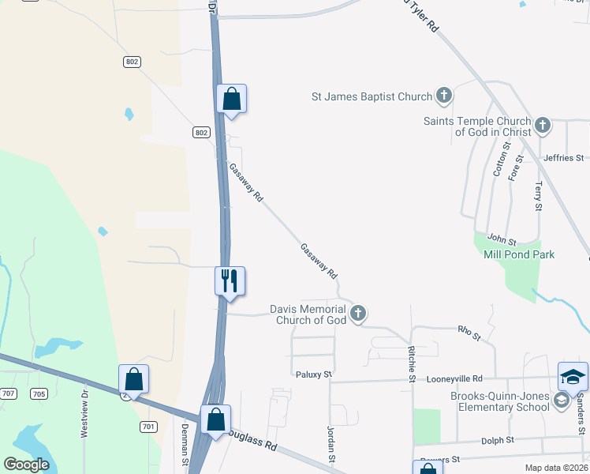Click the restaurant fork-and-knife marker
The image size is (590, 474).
[x=230, y=280]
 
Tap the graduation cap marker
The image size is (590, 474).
[x=573, y=377]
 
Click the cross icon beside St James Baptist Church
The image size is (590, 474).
[x=443, y=96]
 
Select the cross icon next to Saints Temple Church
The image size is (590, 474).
[x=542, y=125]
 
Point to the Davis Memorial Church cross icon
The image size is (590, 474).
[x=358, y=314]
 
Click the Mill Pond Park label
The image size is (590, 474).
[x=519, y=254]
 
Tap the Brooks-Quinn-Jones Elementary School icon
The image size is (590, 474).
[x=561, y=401]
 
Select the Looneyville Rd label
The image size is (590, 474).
[x=454, y=379]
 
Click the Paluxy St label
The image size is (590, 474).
[x=313, y=374]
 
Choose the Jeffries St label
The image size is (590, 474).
[x=563, y=158]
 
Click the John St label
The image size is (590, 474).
[x=501, y=239]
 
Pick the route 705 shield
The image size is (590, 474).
[x=38, y=393]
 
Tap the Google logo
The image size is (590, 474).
[x=26, y=465]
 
